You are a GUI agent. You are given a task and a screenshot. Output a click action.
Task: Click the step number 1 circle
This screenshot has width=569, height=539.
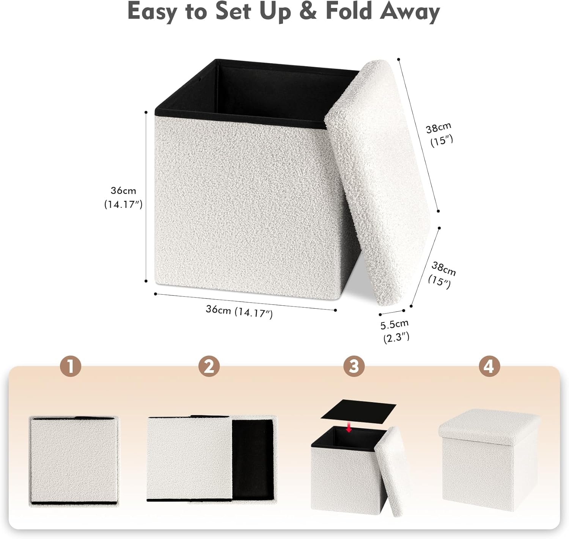(71, 366)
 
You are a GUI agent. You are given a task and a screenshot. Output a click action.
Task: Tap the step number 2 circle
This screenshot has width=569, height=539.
(209, 366)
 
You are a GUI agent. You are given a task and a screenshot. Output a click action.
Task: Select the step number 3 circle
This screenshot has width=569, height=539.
(354, 366)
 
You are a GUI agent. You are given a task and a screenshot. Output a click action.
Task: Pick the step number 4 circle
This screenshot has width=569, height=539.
(489, 366)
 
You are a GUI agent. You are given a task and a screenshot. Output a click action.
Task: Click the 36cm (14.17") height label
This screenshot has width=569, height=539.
(123, 197)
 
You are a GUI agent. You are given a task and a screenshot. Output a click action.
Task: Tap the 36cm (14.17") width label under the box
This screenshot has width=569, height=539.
(239, 311)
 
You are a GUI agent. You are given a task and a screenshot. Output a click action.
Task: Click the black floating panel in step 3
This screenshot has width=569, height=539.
(358, 410)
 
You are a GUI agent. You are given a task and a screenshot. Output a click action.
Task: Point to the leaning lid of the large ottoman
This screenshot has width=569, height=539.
(379, 182)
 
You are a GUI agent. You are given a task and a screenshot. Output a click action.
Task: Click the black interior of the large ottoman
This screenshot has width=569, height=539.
(273, 91)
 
